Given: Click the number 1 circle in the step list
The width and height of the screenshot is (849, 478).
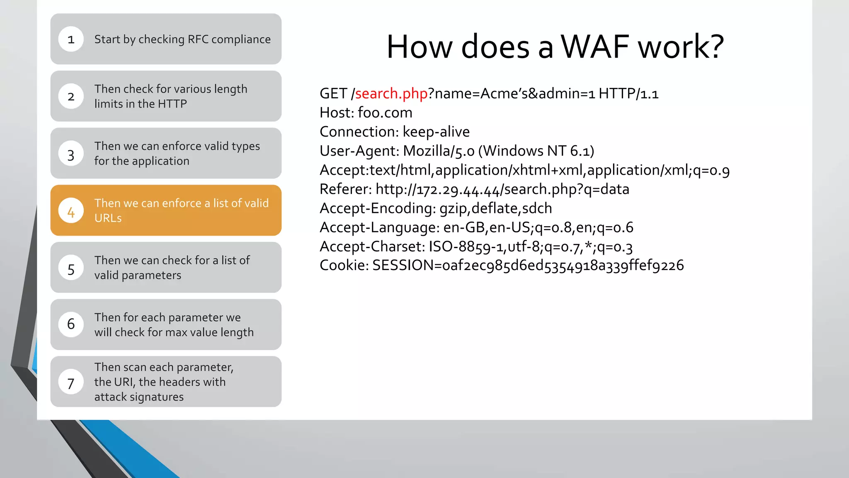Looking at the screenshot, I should (x=71, y=39).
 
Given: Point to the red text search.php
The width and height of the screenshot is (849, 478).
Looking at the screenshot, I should (x=391, y=94).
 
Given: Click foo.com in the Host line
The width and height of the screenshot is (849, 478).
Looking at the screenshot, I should (x=385, y=113).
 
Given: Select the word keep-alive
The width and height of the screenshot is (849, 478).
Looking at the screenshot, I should (x=436, y=132).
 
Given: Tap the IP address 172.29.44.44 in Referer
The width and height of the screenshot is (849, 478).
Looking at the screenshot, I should (x=458, y=190).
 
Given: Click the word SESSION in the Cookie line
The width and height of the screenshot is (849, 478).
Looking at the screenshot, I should (x=403, y=266).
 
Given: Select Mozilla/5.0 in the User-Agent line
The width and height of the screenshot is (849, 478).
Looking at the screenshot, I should (x=439, y=151).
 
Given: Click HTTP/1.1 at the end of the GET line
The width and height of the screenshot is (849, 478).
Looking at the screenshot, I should (x=628, y=94).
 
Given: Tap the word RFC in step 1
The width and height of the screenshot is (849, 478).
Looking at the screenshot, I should (x=198, y=39).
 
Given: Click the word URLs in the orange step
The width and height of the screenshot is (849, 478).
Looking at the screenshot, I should (x=108, y=218).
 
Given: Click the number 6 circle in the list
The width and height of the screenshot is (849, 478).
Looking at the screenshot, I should (x=71, y=324).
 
